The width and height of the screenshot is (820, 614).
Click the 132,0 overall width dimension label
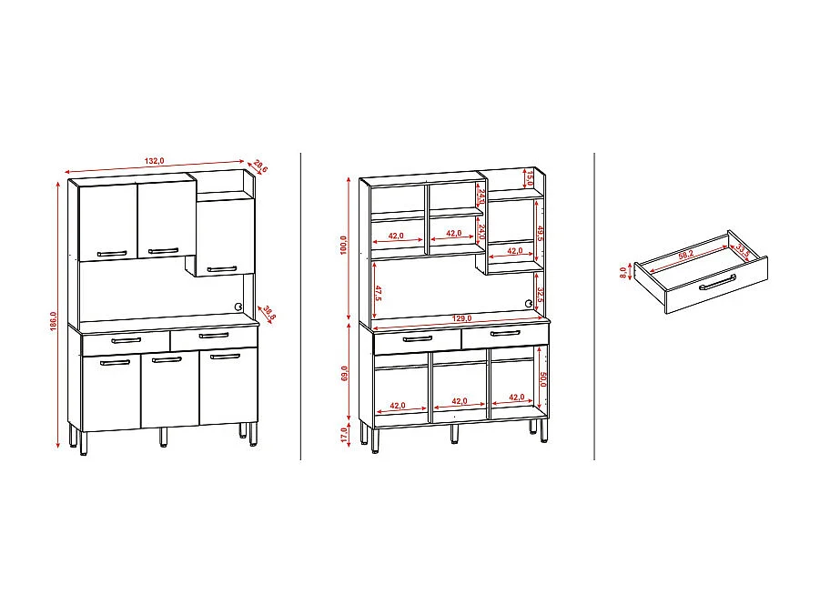pos(154,161)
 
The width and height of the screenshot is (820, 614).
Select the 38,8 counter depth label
pos(268,312)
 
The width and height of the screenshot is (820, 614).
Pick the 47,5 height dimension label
pos(378,293)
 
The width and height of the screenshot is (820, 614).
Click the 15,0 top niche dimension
pos(530,177)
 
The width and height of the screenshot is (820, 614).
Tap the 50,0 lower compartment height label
pos(542,378)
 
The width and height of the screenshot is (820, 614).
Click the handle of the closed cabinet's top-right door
pos(221,268)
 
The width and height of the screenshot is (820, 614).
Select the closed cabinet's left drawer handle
pos(126,340)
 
